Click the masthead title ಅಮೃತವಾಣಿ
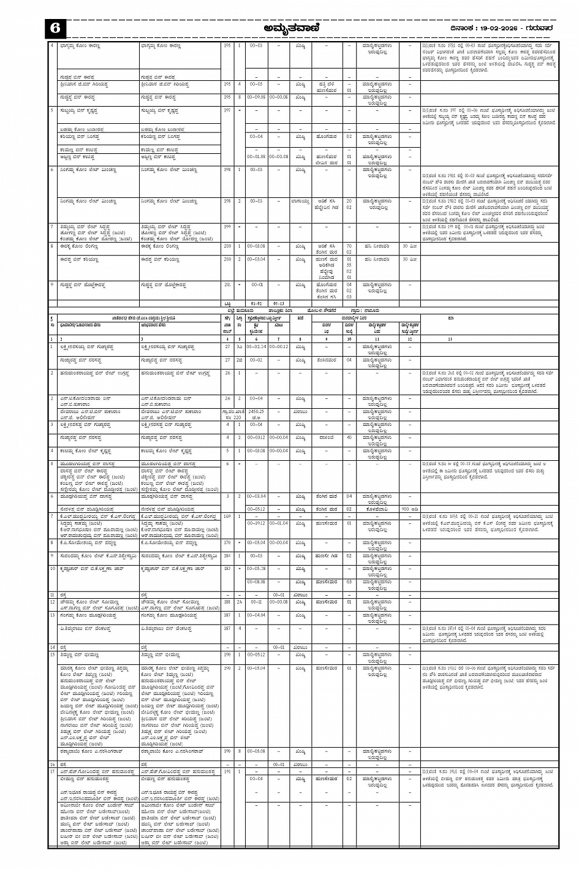click(x=290, y=29)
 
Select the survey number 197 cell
click(x=228, y=110)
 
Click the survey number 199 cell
click(x=228, y=226)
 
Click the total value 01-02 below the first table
click(x=256, y=303)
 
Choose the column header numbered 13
click(x=450, y=339)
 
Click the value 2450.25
click(x=256, y=411)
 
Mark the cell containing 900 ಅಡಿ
click(x=410, y=508)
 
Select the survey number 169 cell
click(x=228, y=517)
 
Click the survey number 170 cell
click(x=228, y=542)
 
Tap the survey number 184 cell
click(x=228, y=556)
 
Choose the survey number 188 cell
click(x=228, y=602)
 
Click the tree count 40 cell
click(x=349, y=438)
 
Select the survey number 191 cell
click(x=228, y=772)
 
